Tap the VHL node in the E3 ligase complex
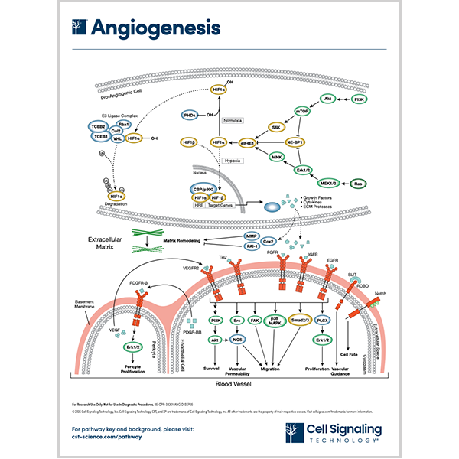coord(118,138)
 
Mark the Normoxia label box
coord(232,120)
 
